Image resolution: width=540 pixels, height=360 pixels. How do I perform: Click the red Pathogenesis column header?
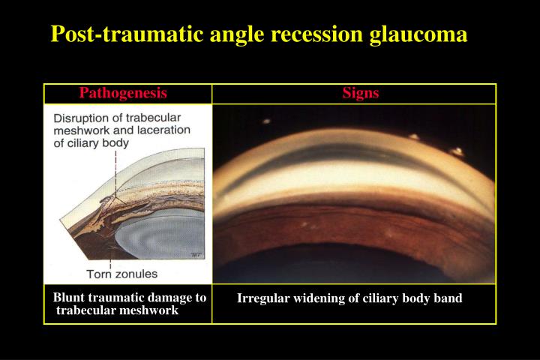pyautogui.click(x=123, y=93)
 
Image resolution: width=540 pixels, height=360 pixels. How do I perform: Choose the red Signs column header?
pyautogui.click(x=361, y=93)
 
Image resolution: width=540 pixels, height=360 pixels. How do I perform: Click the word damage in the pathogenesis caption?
pyautogui.click(x=167, y=298)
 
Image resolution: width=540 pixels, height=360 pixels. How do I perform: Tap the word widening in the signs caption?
pyautogui.click(x=315, y=298)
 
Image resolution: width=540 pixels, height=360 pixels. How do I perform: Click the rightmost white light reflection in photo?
pyautogui.click(x=455, y=151)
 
